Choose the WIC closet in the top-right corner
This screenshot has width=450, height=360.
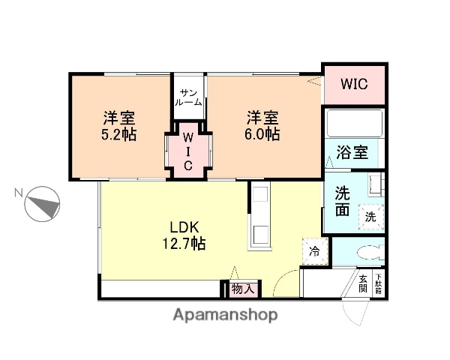354,83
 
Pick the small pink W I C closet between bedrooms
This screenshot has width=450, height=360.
189,150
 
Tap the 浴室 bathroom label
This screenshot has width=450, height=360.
352,153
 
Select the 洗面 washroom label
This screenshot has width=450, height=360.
342,200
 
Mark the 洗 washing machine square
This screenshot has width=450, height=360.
370,215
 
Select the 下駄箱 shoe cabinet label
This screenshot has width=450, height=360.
379,283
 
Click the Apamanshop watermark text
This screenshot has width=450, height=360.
226,315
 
